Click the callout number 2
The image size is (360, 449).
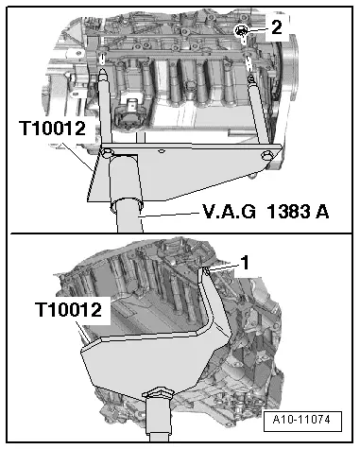(x=275, y=28)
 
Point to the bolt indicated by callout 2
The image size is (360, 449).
(x=243, y=34)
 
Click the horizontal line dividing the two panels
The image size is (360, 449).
(x=180, y=233)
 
